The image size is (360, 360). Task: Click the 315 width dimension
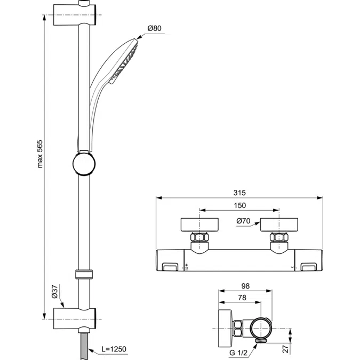coord(239,193)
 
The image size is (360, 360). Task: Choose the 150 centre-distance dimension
coord(239,206)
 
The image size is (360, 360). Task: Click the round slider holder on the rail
coord(84,163)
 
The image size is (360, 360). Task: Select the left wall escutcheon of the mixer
coord(199,225)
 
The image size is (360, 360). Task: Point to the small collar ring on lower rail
coord(84,275)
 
